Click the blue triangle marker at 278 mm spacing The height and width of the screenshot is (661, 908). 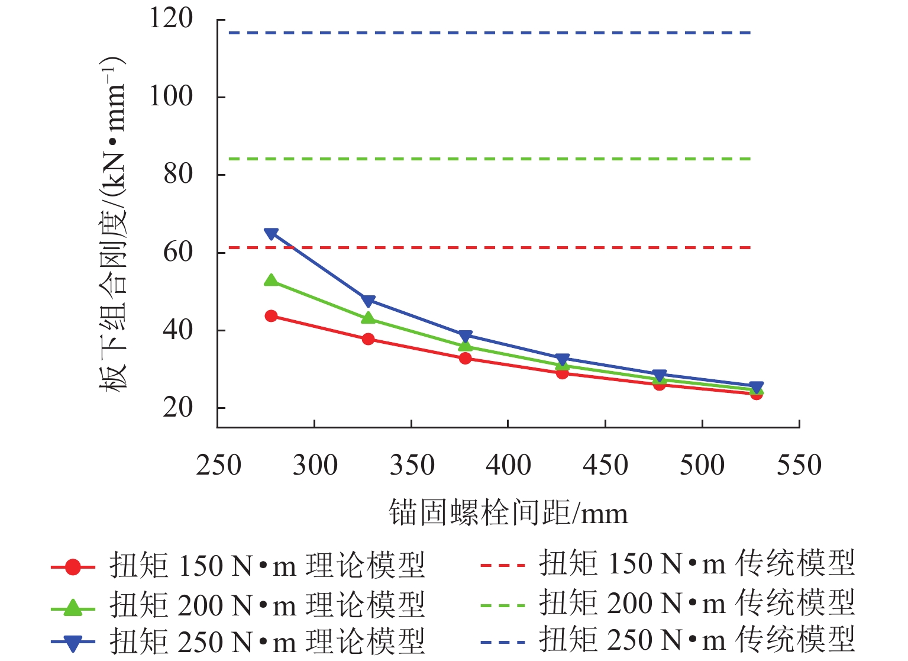(272, 234)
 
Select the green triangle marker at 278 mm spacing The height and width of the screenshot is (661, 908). (272, 280)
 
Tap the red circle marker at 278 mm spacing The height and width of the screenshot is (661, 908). (272, 316)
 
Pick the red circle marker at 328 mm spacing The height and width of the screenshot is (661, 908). (369, 339)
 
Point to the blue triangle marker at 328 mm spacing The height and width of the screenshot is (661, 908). (369, 301)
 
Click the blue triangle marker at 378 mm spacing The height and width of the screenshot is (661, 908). (466, 336)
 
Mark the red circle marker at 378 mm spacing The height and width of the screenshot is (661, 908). (466, 358)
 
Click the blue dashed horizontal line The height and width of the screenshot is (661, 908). (485, 33)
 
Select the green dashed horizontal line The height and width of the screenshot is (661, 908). (485, 159)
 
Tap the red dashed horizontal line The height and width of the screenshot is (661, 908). (485, 247)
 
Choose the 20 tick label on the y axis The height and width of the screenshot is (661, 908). (178, 408)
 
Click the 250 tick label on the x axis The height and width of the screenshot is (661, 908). (218, 465)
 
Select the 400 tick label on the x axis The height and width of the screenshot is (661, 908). (508, 465)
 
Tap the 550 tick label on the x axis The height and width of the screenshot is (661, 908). (799, 465)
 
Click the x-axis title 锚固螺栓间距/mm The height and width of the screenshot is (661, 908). (508, 512)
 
